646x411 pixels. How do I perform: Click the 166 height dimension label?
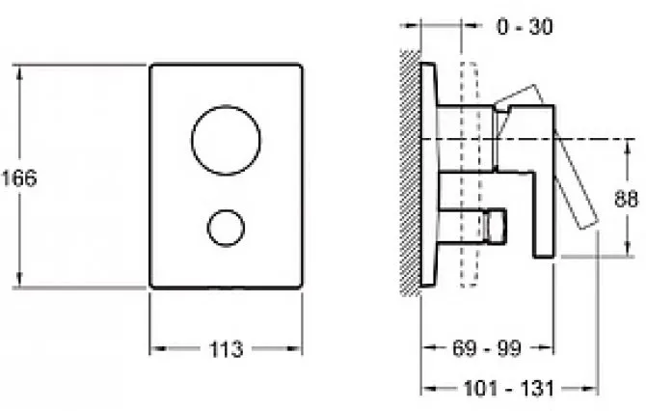tap(19, 178)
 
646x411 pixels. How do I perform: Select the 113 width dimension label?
tap(226, 349)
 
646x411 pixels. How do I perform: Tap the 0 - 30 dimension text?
tap(525, 27)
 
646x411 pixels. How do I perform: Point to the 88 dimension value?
tap(626, 199)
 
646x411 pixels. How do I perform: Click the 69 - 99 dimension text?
tap(487, 348)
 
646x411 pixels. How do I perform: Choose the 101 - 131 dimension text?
tap(509, 388)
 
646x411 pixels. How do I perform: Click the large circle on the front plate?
tap(226, 140)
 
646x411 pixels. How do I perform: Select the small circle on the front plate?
tap(226, 228)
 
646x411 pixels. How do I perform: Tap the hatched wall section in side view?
tap(411, 173)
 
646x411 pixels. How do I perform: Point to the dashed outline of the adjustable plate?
tap(470, 174)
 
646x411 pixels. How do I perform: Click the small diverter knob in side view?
tap(496, 227)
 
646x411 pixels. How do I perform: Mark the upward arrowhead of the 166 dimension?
tap(19, 71)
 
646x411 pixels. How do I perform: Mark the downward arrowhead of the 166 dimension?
tap(19, 280)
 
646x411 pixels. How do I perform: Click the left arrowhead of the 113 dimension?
tap(157, 348)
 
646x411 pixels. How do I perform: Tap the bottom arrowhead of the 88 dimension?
tap(627, 249)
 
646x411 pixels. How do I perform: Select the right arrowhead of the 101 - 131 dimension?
tap(589, 388)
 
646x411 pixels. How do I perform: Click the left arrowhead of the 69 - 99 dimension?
tap(429, 347)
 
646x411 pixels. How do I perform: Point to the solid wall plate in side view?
tap(428, 174)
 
